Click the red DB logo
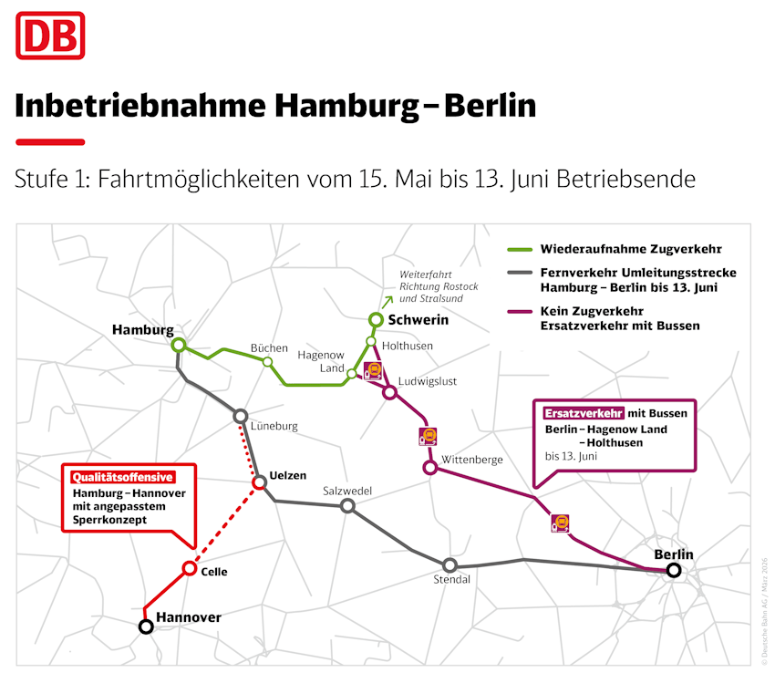[49, 36]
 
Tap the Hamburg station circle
[179, 345]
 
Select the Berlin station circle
[674, 571]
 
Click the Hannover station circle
[145, 626]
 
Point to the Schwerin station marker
[375, 319]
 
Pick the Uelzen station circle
[258, 481]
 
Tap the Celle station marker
[190, 568]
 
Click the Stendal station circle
[449, 565]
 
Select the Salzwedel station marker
[347, 505]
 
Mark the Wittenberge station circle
[430, 468]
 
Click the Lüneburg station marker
[241, 416]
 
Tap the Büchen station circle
[267, 362]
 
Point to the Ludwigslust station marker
[390, 393]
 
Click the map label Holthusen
[408, 346]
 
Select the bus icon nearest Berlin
[561, 523]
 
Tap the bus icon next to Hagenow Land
[373, 370]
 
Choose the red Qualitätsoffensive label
[122, 476]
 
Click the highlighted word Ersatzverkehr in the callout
[584, 412]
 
